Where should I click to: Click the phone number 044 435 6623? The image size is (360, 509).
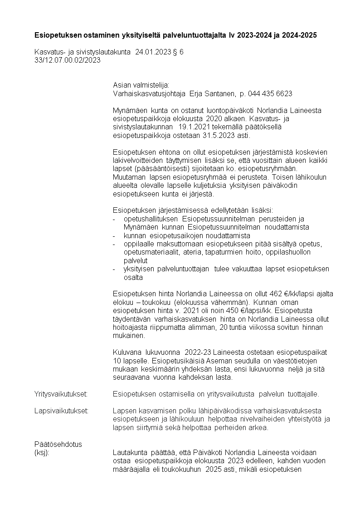pyautogui.click(x=271, y=93)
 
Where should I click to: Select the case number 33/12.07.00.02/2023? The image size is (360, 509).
pyautogui.click(x=67, y=59)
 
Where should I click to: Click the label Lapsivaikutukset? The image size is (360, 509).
pyautogui.click(x=61, y=411)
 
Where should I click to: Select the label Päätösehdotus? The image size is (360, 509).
pyautogui.click(x=58, y=445)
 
